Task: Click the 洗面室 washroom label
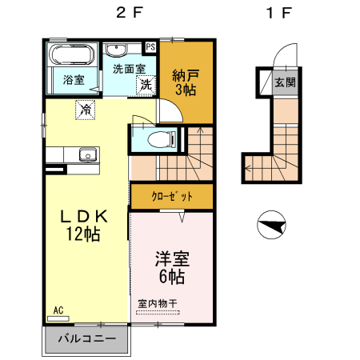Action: pyautogui.click(x=128, y=69)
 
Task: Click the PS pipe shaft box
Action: pyautogui.click(x=150, y=47)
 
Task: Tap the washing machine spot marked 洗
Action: pyautogui.click(x=146, y=84)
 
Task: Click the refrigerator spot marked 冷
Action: pyautogui.click(x=84, y=109)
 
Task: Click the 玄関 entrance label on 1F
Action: pyautogui.click(x=284, y=82)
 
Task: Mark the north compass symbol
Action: pyautogui.click(x=273, y=225)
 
